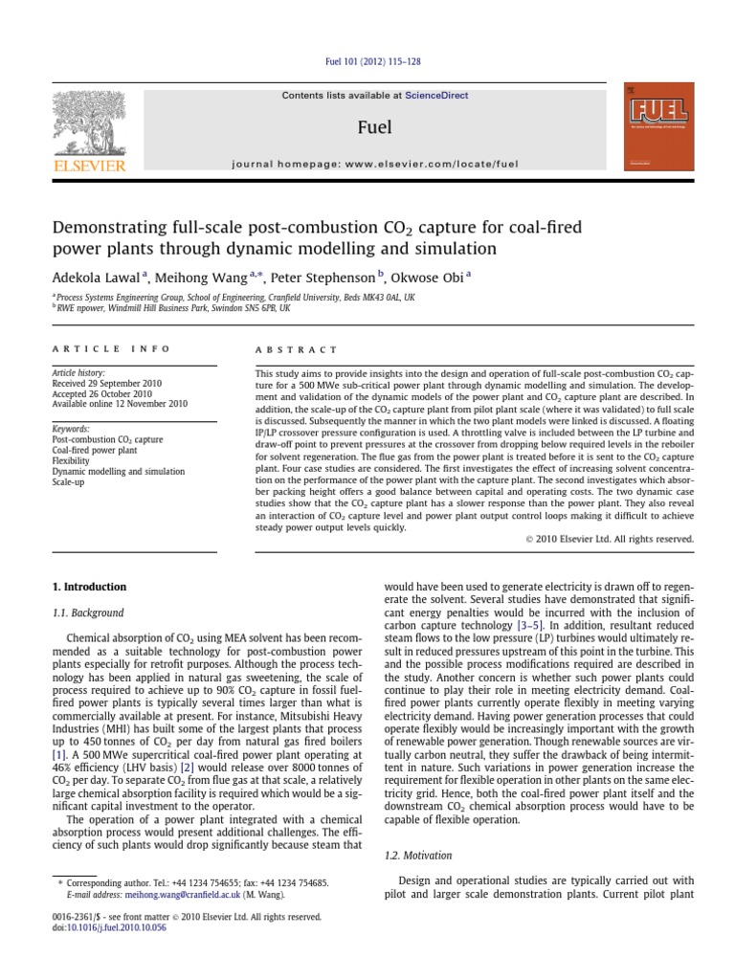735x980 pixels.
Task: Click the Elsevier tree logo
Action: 89,123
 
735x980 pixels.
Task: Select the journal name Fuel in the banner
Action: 374,126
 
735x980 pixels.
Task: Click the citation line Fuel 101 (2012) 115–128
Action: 367,62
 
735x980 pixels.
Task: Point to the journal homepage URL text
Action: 375,164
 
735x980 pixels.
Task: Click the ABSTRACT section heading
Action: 297,350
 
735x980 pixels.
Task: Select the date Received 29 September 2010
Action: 106,383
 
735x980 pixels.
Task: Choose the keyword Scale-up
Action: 70,481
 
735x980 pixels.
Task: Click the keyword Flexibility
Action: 73,460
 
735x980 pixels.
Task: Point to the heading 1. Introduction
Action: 89,587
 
